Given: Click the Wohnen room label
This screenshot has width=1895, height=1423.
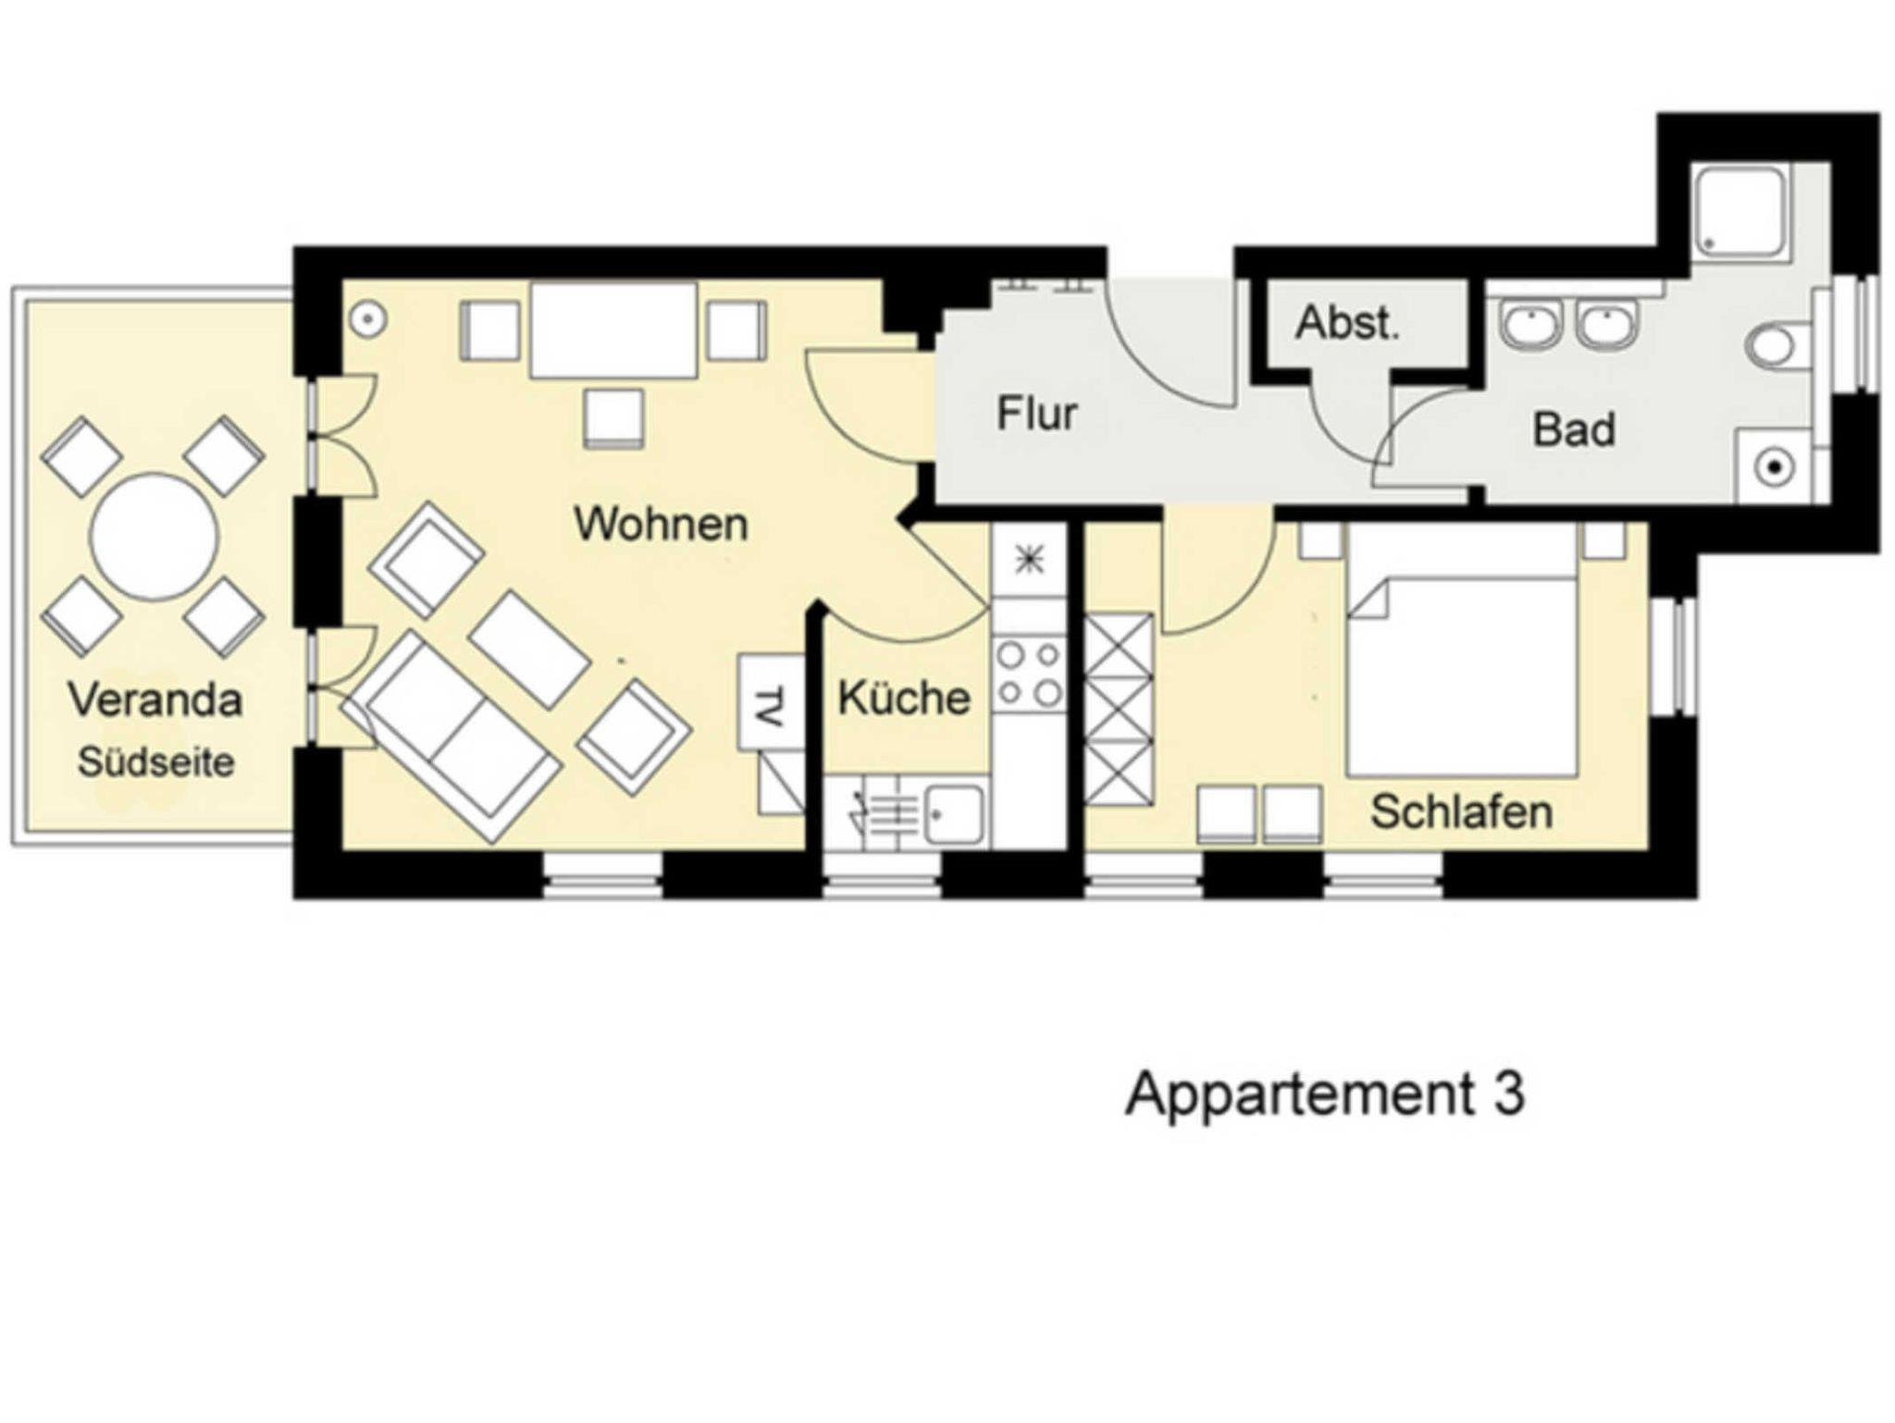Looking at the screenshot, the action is tap(661, 524).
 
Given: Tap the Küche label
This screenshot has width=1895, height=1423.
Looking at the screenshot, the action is tap(904, 698).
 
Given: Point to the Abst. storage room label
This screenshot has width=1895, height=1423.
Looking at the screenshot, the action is tap(1347, 323).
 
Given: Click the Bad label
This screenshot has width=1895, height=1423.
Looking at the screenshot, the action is tap(1574, 429).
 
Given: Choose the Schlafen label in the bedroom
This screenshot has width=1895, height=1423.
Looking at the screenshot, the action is tap(1461, 811).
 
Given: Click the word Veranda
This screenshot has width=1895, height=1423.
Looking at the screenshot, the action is tap(155, 699).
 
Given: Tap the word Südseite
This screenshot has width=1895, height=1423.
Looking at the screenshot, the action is tap(155, 762).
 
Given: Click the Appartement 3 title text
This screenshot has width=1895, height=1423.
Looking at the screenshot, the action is tap(1325, 1094).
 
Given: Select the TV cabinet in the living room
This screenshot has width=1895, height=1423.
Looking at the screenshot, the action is tap(771, 702).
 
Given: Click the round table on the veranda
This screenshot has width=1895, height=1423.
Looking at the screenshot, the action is tap(155, 537).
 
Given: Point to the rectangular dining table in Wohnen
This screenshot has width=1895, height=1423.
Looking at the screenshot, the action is tap(613, 330).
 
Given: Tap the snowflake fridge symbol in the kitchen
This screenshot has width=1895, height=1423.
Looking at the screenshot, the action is tap(1029, 561).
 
